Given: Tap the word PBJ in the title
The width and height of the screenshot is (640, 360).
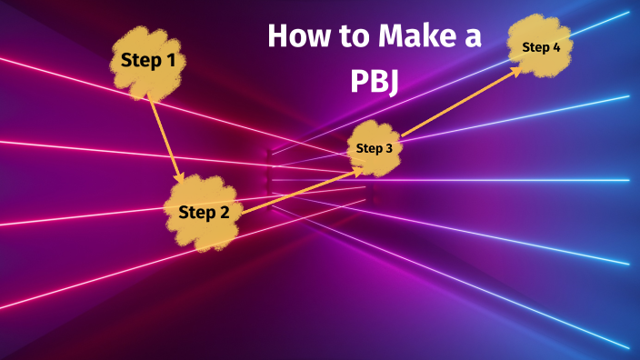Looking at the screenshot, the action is coord(375,81).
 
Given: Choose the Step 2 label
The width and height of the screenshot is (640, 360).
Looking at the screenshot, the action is coord(204,213).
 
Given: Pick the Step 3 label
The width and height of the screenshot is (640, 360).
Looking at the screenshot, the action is coord(375,148).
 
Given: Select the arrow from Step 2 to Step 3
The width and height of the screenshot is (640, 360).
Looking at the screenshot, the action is coord(300,190).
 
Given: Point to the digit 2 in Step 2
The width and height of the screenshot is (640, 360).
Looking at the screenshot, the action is coord(225,213).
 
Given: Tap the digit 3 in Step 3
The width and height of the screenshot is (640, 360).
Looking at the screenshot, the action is coord(388,148).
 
